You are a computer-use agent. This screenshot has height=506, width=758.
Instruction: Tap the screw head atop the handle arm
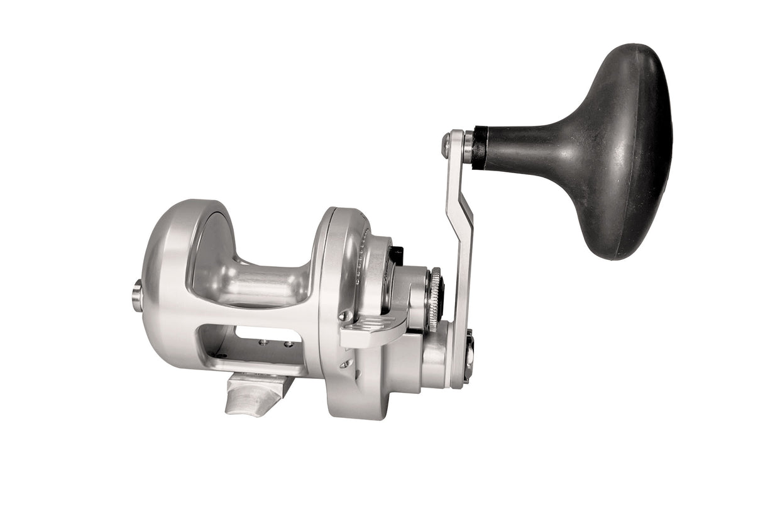[446, 145]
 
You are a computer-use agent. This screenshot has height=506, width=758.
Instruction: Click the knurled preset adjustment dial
[434, 299]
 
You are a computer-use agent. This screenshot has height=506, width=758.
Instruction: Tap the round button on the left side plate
[136, 296]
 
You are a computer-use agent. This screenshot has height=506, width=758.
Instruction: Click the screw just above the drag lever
[343, 315]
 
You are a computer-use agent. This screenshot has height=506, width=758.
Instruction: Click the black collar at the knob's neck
[479, 147]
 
